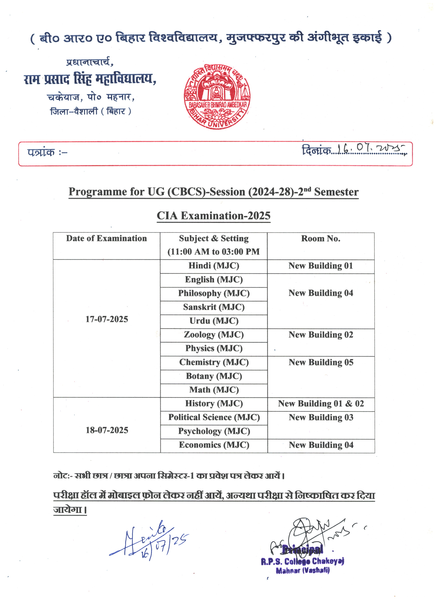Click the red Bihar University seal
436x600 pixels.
point(217,97)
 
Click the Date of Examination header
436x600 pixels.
point(106,238)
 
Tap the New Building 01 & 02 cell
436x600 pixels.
point(321,403)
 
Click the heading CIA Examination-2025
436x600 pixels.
point(213,216)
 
